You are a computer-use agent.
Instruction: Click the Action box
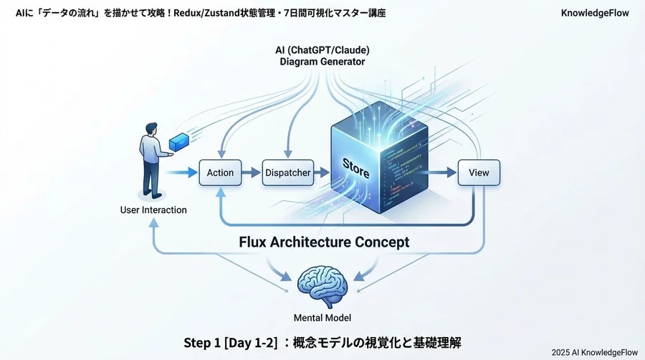click(220, 173)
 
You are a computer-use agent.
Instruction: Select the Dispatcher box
click(287, 173)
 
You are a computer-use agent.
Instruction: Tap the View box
click(478, 173)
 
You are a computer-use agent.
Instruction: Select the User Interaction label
click(153, 210)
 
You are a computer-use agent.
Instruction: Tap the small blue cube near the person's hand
click(180, 141)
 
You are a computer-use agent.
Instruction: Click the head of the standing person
click(152, 128)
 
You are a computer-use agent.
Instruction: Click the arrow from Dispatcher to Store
click(322, 173)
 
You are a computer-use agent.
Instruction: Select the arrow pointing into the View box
click(444, 173)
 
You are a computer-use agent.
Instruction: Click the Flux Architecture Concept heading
click(324, 242)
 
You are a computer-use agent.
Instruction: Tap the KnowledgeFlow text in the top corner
click(596, 13)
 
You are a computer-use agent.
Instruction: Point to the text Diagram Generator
click(322, 62)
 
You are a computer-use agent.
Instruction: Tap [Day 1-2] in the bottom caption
click(254, 341)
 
